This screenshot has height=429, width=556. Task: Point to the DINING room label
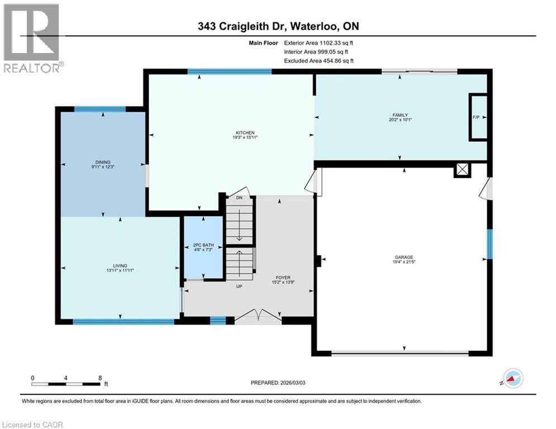102,163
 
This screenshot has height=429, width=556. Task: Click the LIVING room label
120,265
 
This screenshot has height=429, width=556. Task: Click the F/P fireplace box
477,117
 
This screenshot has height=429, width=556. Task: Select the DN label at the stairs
239,198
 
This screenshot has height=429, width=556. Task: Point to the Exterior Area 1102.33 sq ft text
319,42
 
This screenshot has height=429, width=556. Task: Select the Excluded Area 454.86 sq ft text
319,61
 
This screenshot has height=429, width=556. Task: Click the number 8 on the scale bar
99,378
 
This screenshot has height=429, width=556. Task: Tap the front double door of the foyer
258,316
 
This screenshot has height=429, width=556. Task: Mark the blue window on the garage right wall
490,244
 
